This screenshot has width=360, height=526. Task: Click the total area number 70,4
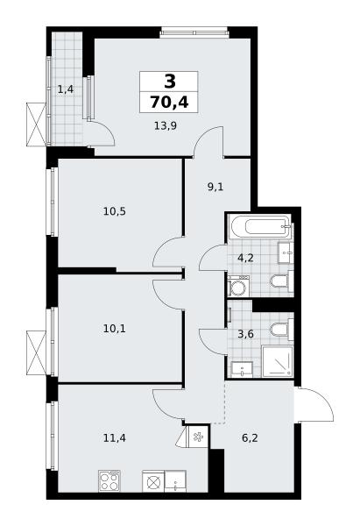(169, 102)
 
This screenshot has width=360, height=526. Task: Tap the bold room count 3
(170, 82)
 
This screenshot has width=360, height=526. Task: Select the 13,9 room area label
(166, 125)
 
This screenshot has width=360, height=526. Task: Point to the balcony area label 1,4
(66, 89)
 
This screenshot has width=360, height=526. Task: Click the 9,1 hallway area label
(215, 187)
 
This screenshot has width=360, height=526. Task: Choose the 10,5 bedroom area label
(114, 211)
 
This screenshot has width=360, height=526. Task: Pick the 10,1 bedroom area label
(114, 329)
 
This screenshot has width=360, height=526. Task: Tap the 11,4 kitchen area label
(114, 437)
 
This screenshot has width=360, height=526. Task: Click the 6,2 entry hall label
(250, 437)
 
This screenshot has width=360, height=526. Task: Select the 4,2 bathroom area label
(245, 259)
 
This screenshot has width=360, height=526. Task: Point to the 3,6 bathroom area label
(246, 335)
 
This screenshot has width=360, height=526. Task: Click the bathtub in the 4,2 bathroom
(260, 226)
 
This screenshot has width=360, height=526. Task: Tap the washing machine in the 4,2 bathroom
(238, 286)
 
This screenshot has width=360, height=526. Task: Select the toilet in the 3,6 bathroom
(282, 329)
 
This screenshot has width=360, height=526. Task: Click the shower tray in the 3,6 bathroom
(277, 361)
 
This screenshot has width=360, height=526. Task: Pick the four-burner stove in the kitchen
(109, 480)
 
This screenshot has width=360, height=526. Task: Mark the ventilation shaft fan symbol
(198, 437)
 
